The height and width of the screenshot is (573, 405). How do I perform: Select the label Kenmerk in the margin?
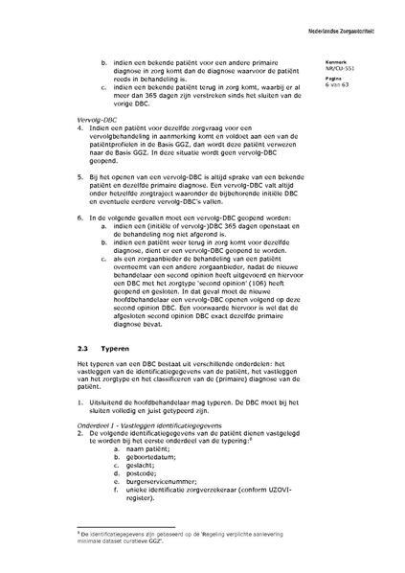[335, 61]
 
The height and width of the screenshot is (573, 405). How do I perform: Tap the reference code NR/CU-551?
[340, 68]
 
